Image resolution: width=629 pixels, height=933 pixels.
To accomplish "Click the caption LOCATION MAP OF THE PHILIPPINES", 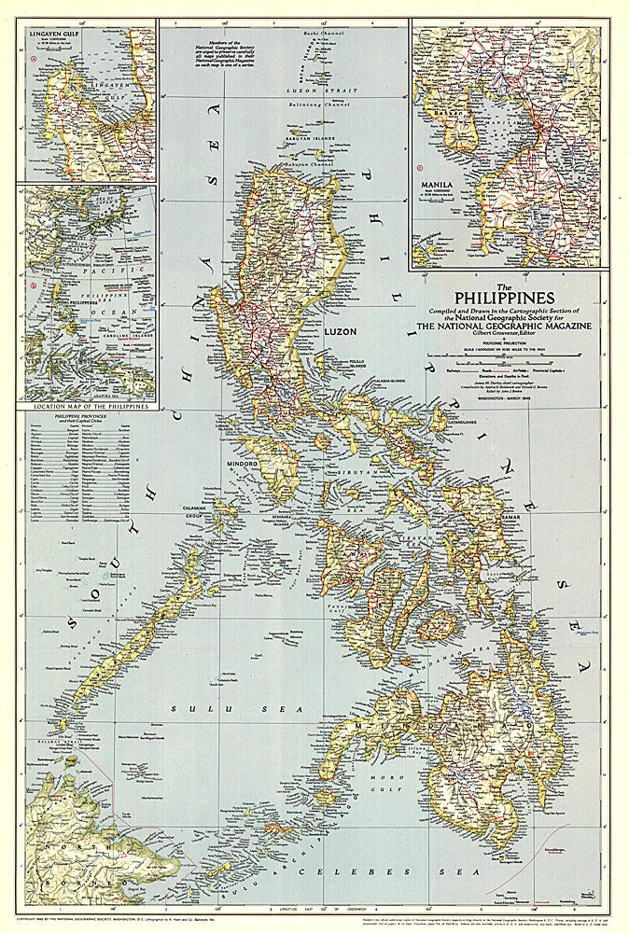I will click(91, 407).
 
